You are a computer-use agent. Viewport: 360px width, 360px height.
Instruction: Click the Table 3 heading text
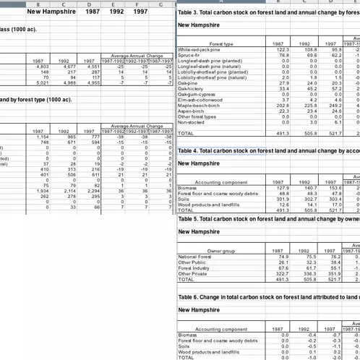point(267,13)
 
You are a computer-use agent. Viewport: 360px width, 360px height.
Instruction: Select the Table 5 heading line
point(267,218)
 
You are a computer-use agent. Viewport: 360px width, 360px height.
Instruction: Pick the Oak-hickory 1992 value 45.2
point(306,88)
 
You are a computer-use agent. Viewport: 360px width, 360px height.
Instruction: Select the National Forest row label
point(194,257)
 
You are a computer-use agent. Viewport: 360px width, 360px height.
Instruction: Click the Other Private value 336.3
point(307,274)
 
